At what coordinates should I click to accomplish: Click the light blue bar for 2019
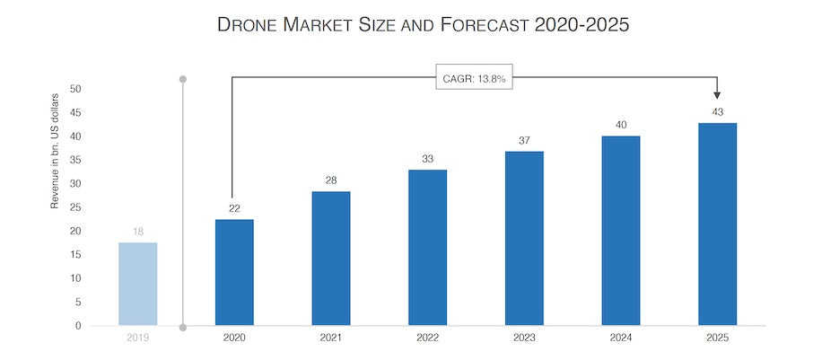(x=138, y=284)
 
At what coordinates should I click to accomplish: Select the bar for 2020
(x=234, y=272)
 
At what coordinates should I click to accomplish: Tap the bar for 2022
(x=427, y=247)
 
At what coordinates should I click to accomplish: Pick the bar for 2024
(x=621, y=231)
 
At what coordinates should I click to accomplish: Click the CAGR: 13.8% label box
(x=475, y=78)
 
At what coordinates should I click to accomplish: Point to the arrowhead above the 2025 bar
(x=717, y=94)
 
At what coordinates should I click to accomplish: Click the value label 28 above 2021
(x=331, y=180)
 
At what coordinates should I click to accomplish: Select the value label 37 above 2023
(x=524, y=140)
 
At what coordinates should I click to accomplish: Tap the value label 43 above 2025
(x=717, y=111)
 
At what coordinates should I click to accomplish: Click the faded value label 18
(x=138, y=232)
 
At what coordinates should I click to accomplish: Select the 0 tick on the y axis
(x=78, y=326)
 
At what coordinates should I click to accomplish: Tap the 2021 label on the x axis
(x=331, y=338)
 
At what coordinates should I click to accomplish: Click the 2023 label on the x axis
(x=524, y=338)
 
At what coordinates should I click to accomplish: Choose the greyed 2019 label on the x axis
(x=138, y=338)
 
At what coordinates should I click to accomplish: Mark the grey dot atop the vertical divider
(x=183, y=79)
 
